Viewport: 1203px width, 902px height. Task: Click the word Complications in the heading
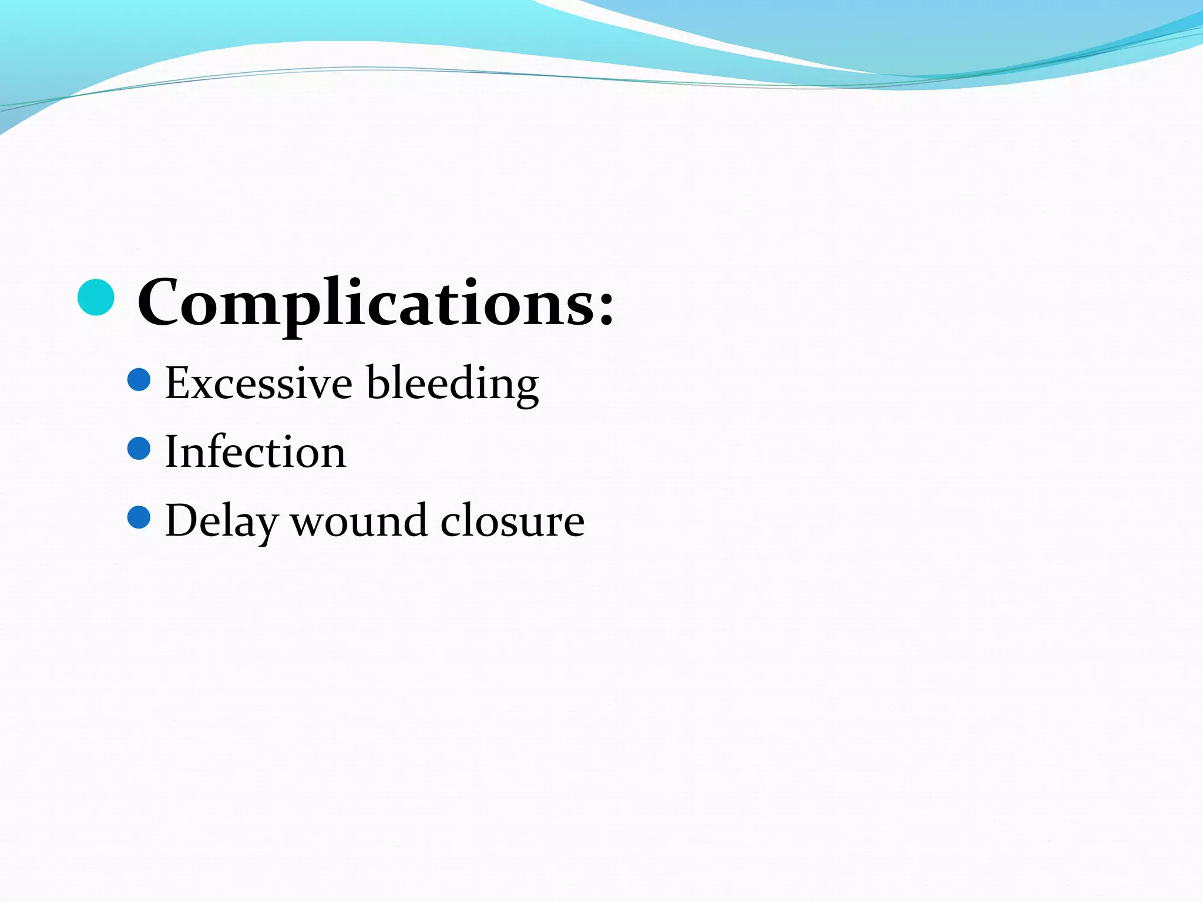pyautogui.click(x=367, y=303)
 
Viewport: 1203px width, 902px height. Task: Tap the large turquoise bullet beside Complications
pyautogui.click(x=96, y=298)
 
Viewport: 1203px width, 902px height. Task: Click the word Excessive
pyautogui.click(x=258, y=383)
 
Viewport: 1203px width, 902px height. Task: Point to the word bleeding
pyautogui.click(x=452, y=384)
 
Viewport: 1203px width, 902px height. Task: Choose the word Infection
pyautogui.click(x=256, y=452)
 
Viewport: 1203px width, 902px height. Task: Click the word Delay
pyautogui.click(x=221, y=521)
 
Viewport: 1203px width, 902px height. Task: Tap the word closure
pyautogui.click(x=512, y=521)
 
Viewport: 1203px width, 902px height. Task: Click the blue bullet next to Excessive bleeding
pyautogui.click(x=139, y=380)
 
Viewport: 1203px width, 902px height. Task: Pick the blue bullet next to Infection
pyautogui.click(x=139, y=449)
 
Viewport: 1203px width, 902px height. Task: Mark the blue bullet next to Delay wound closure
pyautogui.click(x=139, y=517)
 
